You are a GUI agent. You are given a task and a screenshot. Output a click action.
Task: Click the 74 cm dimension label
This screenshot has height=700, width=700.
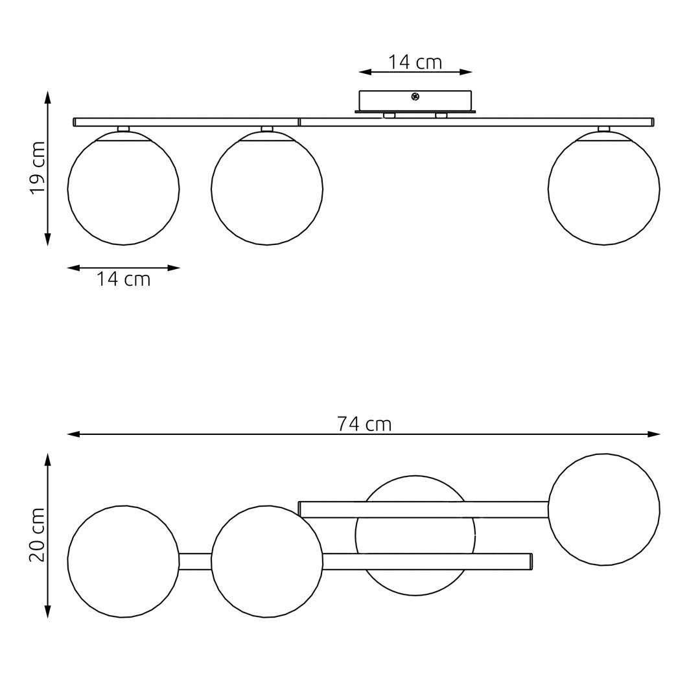(364, 424)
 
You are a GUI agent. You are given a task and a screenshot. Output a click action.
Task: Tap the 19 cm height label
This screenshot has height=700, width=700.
(38, 168)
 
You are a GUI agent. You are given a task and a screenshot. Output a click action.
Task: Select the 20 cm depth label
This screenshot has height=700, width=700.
(38, 534)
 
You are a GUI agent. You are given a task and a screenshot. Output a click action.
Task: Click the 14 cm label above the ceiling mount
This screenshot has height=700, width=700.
(415, 62)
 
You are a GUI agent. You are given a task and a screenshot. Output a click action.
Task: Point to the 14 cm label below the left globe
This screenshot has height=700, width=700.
(124, 279)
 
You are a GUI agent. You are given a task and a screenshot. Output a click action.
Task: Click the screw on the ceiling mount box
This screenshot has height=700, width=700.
(415, 95)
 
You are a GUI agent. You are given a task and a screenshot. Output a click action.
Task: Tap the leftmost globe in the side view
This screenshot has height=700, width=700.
(124, 189)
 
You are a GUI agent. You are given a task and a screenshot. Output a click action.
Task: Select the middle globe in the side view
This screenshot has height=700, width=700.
(267, 189)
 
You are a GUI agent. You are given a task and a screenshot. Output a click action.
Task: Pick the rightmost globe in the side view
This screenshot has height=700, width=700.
(604, 189)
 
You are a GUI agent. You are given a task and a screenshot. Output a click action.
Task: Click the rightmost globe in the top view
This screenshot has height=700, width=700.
(604, 510)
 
